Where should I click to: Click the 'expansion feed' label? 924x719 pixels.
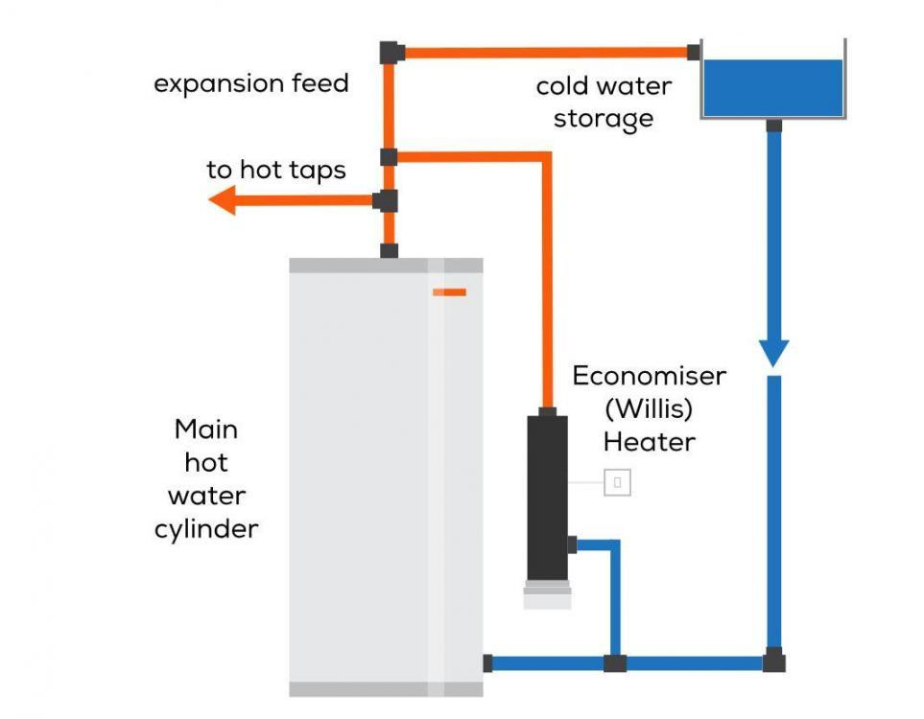coord(251,83)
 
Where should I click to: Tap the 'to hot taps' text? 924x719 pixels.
coord(275,171)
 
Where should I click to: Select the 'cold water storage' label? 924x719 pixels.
coord(604,102)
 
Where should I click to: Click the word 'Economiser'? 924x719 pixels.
coord(649,376)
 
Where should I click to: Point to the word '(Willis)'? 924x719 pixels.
coord(649,408)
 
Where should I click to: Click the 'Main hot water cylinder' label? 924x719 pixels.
coord(206,478)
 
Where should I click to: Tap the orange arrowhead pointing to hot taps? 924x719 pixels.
coord(224,200)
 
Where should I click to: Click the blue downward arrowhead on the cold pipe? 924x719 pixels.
coord(773,352)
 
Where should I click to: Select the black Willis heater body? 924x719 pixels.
coord(548,494)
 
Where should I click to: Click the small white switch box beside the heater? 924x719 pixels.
coord(617,482)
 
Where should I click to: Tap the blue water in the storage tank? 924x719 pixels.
coord(772,87)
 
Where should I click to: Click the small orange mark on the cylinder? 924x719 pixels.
coord(448,291)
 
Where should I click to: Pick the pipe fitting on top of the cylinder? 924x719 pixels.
coord(389,251)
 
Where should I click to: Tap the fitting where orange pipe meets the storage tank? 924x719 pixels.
coord(693,52)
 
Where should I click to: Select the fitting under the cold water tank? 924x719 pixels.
coord(773,125)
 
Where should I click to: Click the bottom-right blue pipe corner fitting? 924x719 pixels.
coord(773,661)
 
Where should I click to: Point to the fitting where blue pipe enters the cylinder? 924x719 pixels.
coord(487,662)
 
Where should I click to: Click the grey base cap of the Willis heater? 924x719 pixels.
coord(548,594)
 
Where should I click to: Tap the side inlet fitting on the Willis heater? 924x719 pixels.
coord(572,545)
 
